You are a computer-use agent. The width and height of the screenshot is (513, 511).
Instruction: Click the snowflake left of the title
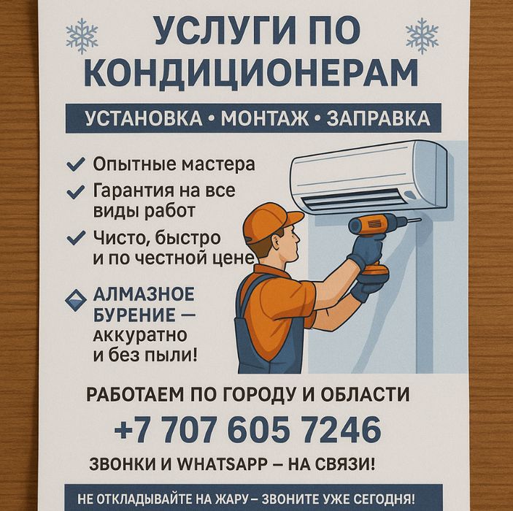tap(82, 36)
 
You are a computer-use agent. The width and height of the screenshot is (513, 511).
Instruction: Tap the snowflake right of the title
tap(422, 36)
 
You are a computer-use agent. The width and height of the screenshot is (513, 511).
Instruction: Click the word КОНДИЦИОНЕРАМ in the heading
tap(251, 73)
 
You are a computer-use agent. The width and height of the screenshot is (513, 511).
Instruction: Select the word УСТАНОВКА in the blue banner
tap(144, 118)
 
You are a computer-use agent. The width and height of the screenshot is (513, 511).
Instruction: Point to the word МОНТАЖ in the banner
tap(265, 118)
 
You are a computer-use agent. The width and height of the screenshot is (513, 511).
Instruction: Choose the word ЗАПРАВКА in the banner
tap(378, 118)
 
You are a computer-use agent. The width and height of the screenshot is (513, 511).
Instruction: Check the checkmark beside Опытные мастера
tap(76, 164)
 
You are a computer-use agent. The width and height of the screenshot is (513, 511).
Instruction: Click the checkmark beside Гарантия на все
tap(76, 192)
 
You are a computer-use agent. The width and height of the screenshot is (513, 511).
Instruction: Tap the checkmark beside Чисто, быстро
tap(76, 238)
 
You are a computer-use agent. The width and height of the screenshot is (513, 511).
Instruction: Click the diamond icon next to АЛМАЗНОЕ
tap(76, 300)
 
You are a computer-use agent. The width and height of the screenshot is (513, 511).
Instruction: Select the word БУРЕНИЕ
tap(134, 315)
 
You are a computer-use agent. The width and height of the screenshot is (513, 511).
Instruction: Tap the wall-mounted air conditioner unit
tap(369, 177)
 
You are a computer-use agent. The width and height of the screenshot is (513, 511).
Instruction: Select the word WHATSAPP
tap(222, 464)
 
